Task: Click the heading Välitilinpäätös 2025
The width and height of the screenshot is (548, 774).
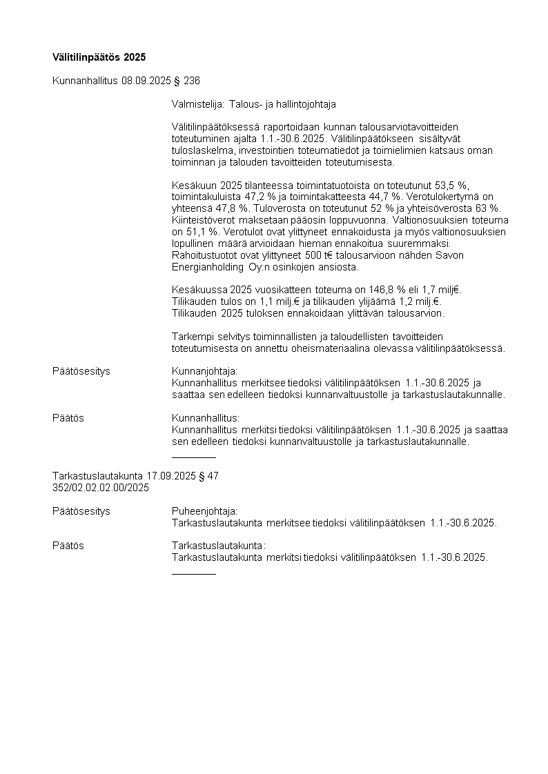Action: [99, 56]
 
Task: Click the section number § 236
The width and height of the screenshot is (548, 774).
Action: [186, 81]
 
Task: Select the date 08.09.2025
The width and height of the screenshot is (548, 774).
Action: [146, 81]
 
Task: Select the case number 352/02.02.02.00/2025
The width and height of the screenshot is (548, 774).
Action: [101, 488]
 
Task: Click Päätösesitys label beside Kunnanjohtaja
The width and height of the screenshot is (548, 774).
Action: [81, 371]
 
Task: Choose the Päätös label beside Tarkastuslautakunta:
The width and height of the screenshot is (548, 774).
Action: [68, 546]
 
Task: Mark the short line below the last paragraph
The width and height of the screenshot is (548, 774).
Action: [193, 574]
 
